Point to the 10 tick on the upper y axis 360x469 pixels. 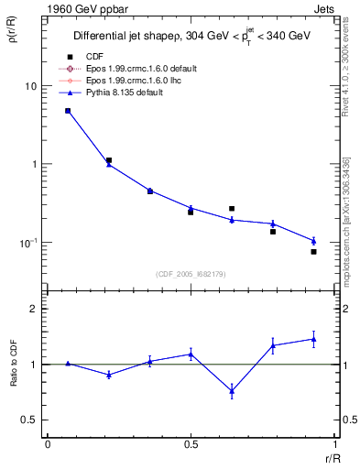pyautogui.click(x=30, y=86)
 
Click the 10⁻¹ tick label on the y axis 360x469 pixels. pyautogui.click(x=28, y=243)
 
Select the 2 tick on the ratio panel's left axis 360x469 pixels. pyautogui.click(x=34, y=310)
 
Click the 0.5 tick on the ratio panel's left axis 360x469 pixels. pyautogui.click(x=30, y=420)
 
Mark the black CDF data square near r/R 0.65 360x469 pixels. pyautogui.click(x=232, y=209)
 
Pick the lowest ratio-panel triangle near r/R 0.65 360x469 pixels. pyautogui.click(x=232, y=391)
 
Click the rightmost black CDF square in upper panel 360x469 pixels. pyautogui.click(x=313, y=252)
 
